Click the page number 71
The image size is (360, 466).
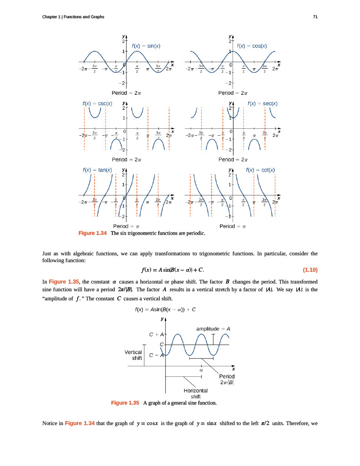click(x=315, y=17)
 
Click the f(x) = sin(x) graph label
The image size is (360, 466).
click(x=146, y=46)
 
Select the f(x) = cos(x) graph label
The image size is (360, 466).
click(x=252, y=46)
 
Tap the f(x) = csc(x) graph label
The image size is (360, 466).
click(x=97, y=104)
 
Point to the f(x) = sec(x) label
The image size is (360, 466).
click(x=263, y=104)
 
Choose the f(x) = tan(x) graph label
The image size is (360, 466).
click(x=97, y=170)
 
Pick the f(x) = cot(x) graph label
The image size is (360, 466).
click(x=261, y=170)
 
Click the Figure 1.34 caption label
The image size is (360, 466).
click(x=92, y=233)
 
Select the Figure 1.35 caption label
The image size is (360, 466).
click(x=125, y=403)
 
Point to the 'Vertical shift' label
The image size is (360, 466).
click(x=134, y=355)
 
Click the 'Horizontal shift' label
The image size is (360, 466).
click(x=195, y=394)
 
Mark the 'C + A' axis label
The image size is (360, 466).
click(x=156, y=334)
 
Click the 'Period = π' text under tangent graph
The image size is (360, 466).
click(x=127, y=226)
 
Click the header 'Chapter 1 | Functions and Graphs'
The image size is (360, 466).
click(x=73, y=17)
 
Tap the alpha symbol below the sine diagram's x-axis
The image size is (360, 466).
click(x=200, y=370)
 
